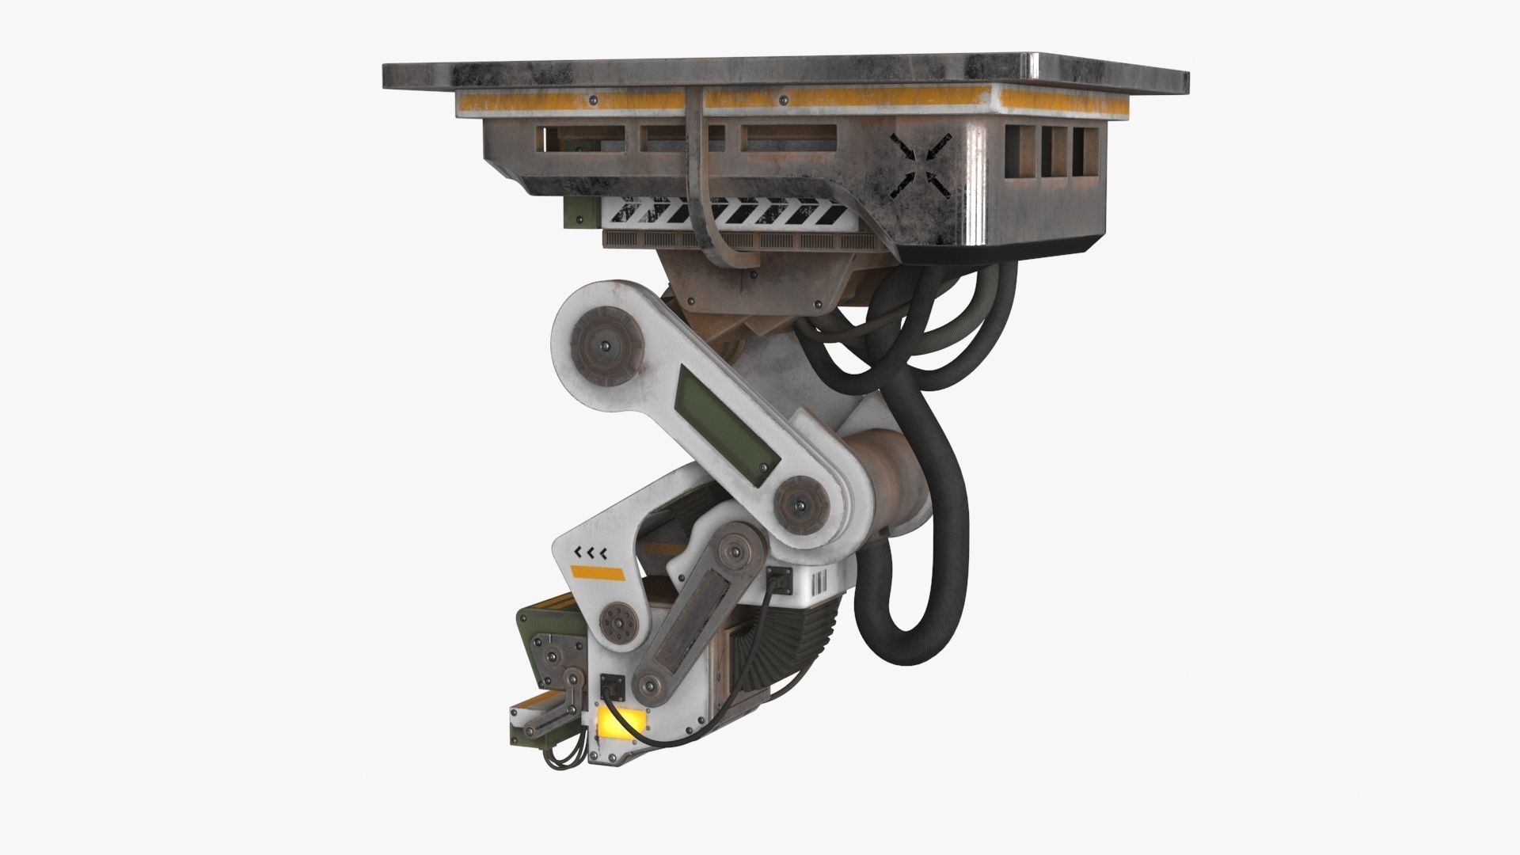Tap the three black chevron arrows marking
tap(590, 552)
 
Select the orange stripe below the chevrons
tap(598, 572)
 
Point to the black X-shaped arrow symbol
tap(920, 165)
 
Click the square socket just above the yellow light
tap(613, 682)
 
